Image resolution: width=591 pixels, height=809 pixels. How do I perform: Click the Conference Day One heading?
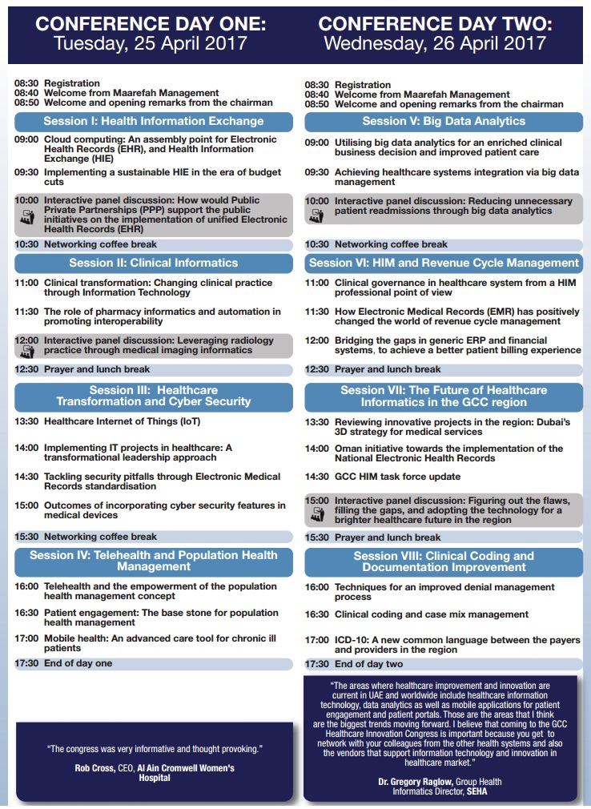[x=150, y=24]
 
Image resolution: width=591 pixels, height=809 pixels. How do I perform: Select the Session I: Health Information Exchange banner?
[x=154, y=122]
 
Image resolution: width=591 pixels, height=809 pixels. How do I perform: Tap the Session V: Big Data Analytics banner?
[x=444, y=122]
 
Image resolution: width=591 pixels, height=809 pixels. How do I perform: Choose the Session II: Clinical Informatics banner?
[x=154, y=263]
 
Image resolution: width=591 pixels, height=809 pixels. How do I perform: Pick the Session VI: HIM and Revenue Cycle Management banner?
[x=444, y=263]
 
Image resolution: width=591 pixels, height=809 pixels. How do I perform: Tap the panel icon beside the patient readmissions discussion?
[x=317, y=215]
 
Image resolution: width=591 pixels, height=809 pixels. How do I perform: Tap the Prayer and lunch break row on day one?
[x=97, y=370]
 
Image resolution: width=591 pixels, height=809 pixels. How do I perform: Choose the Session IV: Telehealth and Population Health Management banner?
[x=154, y=561]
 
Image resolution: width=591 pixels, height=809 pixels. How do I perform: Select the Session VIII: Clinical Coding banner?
[x=444, y=561]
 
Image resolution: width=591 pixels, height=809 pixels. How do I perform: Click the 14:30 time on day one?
[x=26, y=476]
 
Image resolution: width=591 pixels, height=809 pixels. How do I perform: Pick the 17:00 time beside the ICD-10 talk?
[x=317, y=640]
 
